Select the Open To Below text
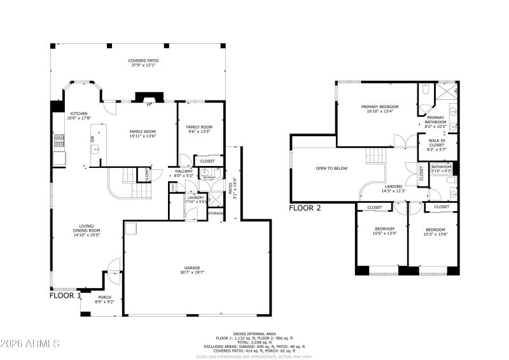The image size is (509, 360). coord(331,168)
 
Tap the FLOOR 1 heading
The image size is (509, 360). coord(65,296)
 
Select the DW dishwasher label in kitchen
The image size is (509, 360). coord(92,138)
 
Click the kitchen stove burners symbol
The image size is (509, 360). coord(59,139)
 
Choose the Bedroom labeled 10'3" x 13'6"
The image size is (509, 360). coord(435,230)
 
